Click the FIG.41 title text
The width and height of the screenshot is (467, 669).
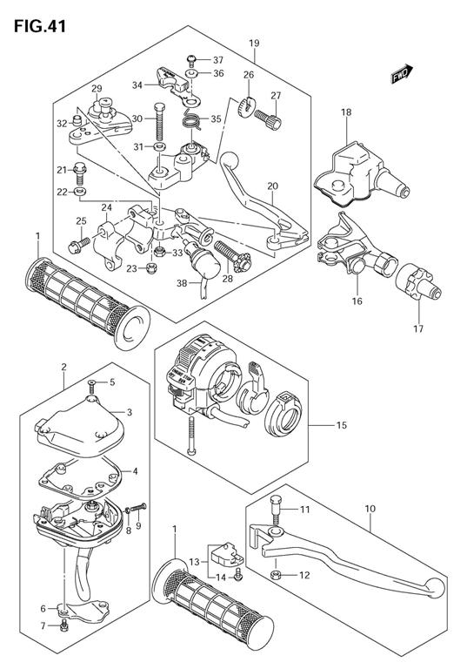click(x=40, y=26)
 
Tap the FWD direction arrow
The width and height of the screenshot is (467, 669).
click(x=402, y=73)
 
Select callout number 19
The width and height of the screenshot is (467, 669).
click(x=254, y=43)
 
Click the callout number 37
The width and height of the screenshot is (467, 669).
click(x=218, y=60)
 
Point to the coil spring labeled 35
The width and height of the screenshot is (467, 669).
click(x=191, y=121)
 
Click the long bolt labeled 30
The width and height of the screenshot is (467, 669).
click(x=159, y=122)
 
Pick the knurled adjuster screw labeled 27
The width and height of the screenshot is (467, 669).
click(x=268, y=118)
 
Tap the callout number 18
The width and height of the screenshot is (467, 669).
click(x=346, y=112)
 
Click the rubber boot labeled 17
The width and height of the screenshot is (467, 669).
click(x=418, y=284)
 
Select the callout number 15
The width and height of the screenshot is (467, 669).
click(x=342, y=425)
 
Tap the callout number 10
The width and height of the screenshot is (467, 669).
click(x=370, y=509)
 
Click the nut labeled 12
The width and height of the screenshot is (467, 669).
click(x=276, y=575)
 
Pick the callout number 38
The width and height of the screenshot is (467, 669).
click(x=182, y=283)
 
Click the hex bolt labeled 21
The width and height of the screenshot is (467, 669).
click(x=80, y=171)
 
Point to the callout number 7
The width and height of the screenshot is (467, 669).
click(x=43, y=626)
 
